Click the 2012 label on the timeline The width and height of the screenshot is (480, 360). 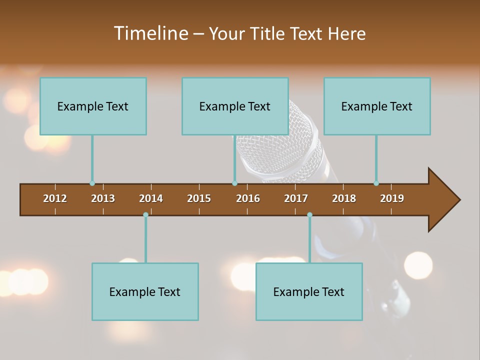(x=55, y=198)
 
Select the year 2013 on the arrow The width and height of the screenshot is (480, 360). (x=103, y=198)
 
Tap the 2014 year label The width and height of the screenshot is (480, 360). (x=151, y=198)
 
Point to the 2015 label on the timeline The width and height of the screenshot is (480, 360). (x=199, y=198)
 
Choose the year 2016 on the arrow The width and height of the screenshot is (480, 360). (x=248, y=198)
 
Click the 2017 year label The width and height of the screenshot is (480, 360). (x=296, y=198)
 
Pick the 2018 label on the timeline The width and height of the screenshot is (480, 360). (x=344, y=198)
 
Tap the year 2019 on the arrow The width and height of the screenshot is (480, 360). (x=392, y=198)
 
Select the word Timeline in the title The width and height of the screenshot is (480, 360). (x=150, y=33)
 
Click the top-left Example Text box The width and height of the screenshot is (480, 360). (x=93, y=106)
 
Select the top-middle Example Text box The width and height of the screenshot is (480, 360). (x=235, y=106)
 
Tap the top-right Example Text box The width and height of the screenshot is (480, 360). (x=377, y=106)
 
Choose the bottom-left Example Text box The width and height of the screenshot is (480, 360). (x=145, y=291)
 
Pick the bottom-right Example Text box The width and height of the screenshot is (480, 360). (x=309, y=291)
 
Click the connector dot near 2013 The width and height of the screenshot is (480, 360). (x=92, y=183)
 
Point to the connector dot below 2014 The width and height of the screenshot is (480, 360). (x=145, y=215)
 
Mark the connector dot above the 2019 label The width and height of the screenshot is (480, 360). (x=376, y=183)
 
